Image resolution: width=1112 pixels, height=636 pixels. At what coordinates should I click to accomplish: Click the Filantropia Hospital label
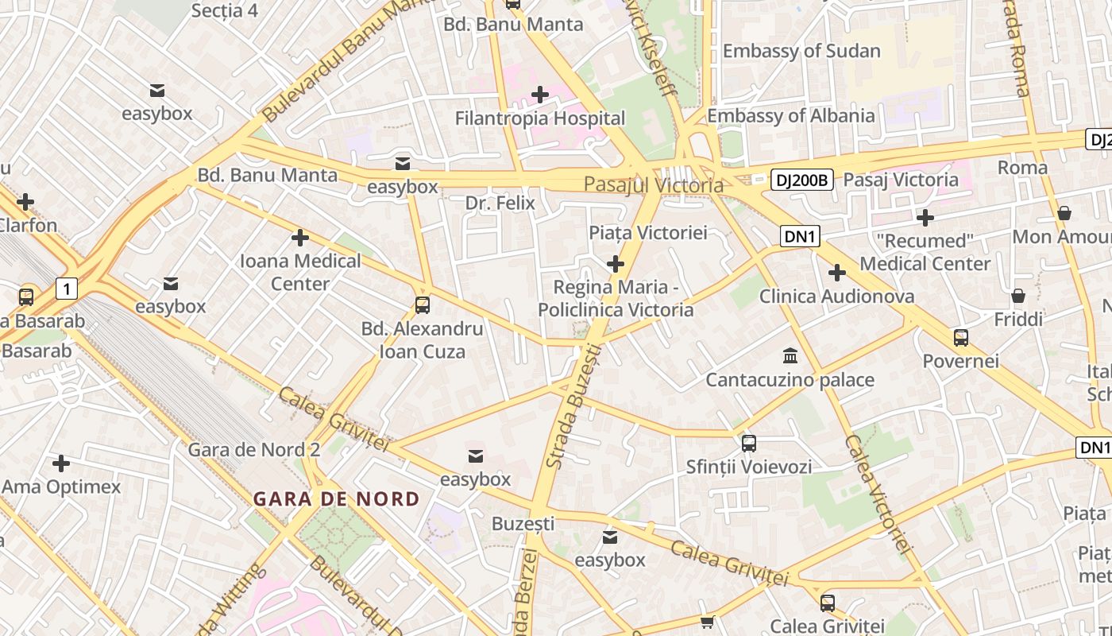540,118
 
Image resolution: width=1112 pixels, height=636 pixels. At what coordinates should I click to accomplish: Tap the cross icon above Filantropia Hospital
540,95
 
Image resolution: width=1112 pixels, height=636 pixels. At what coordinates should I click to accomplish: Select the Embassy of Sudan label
801,51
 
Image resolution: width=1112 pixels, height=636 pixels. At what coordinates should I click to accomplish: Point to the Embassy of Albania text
790,115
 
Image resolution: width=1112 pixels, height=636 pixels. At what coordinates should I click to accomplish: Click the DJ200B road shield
801,180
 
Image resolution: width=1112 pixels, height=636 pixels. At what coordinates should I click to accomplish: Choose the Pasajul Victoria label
654,185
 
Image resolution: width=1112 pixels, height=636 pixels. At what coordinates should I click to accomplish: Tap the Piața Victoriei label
647,233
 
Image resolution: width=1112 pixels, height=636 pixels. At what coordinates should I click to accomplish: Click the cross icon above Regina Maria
616,264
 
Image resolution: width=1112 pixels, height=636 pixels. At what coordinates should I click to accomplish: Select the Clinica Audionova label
836,297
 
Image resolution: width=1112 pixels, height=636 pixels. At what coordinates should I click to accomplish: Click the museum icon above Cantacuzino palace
790,355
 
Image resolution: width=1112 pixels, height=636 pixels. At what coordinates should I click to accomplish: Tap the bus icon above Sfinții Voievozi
748,443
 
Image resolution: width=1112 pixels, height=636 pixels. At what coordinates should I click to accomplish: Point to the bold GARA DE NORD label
336,499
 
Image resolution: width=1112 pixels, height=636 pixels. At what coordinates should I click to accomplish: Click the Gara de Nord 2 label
253,450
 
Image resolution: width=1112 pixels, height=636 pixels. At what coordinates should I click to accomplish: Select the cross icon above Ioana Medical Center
300,237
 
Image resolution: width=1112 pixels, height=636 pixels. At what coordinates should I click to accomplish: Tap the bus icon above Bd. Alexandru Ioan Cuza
423,304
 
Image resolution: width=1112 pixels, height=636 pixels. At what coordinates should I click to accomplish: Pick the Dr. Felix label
500,204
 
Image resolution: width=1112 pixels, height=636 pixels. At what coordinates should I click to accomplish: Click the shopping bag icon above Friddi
1018,296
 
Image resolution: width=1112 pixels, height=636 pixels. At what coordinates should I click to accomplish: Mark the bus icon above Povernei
961,338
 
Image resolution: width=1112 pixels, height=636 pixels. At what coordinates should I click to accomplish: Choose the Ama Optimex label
61,487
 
